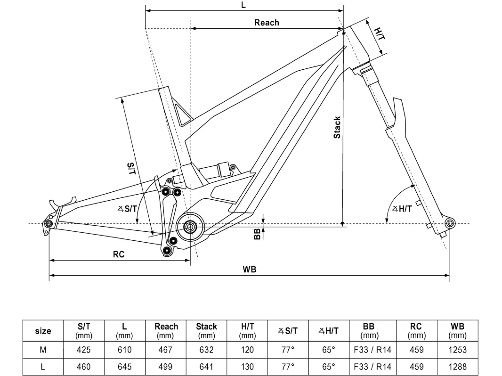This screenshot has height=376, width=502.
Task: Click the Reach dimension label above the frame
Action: pos(266,23)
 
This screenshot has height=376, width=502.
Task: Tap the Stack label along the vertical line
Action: pos(337,127)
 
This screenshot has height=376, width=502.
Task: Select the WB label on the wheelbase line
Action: pos(249,269)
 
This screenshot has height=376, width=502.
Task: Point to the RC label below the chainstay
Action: pos(119,254)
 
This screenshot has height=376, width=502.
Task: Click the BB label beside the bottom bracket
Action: pos(257,234)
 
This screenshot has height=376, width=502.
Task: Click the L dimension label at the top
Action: pos(244,5)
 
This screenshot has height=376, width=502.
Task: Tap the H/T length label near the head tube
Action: pos(380,34)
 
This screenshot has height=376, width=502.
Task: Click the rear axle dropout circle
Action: pos(49,224)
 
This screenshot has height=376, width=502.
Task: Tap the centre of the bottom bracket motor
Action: pos(190,226)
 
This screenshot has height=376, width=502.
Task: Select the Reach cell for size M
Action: pos(166,350)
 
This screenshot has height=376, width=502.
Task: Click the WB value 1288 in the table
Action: pos(457,367)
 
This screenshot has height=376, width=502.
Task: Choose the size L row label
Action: pos(43,367)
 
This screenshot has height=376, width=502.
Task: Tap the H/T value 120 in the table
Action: pos(247,350)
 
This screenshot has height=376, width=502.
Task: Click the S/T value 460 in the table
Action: pos(84,367)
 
